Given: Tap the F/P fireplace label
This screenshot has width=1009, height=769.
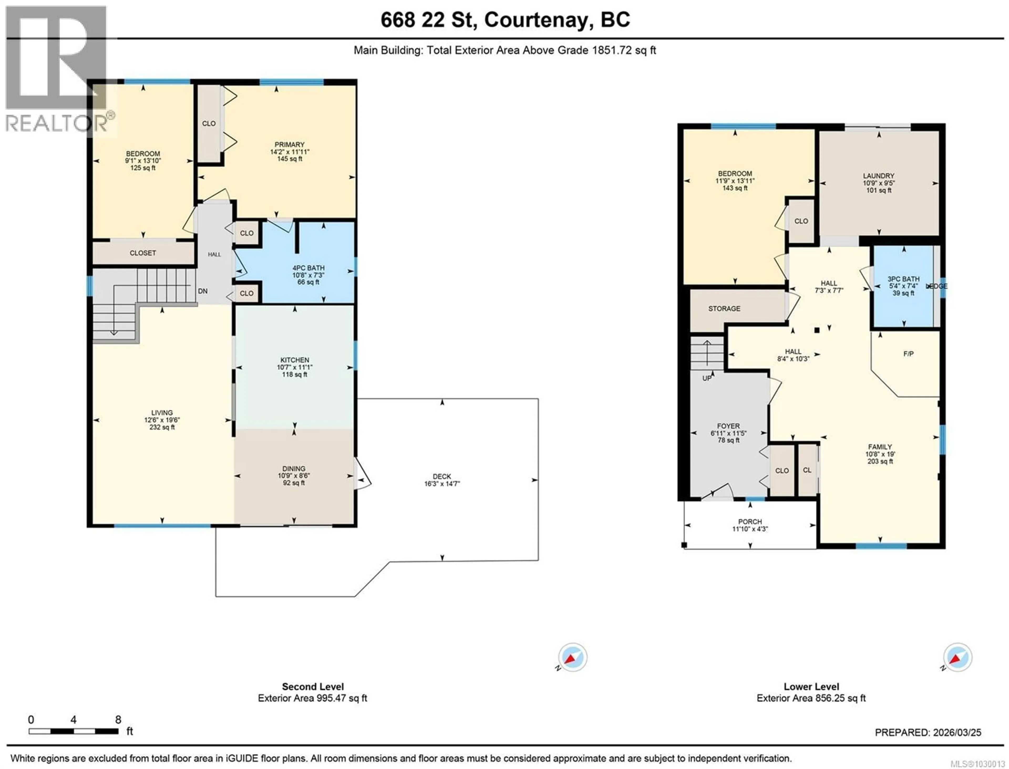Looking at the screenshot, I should tap(908, 354).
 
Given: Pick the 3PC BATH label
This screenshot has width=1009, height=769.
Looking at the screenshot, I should tap(903, 279).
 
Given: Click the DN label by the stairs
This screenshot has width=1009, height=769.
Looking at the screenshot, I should tap(202, 291).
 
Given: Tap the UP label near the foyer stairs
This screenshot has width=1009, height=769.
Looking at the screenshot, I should tap(707, 378).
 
